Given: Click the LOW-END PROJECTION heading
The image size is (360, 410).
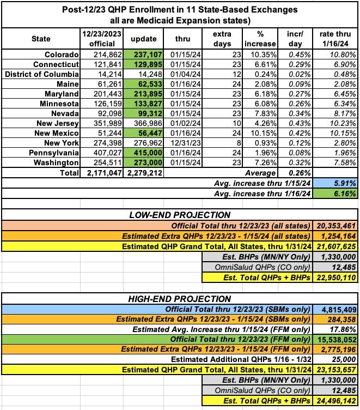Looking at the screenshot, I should click(x=180, y=215).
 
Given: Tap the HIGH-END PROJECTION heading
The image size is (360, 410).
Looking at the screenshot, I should click(x=180, y=299).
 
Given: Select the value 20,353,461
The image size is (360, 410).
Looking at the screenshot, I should click(x=335, y=225).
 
